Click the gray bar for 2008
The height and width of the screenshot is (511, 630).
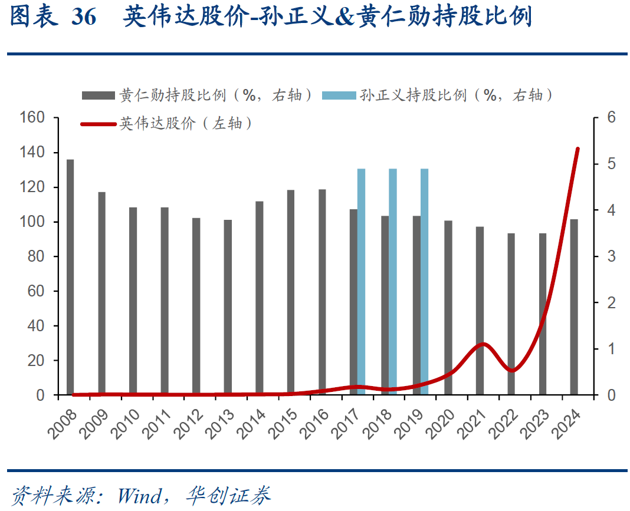[70, 277]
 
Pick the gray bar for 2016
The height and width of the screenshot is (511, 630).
[322, 292]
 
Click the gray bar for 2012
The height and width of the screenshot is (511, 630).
[196, 306]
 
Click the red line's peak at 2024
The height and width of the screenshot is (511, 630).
[577, 149]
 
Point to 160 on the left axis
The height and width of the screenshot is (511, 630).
[33, 118]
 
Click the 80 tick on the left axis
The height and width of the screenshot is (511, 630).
[37, 257]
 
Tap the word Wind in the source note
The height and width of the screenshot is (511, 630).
[139, 494]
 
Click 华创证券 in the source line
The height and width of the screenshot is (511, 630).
[228, 494]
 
